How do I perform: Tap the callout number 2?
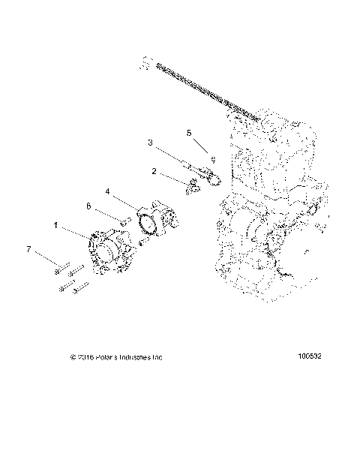coord(154,171)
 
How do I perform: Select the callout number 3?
coord(150,142)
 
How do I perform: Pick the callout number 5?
coord(190,132)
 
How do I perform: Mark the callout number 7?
coord(29,248)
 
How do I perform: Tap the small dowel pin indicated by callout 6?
coord(127,219)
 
